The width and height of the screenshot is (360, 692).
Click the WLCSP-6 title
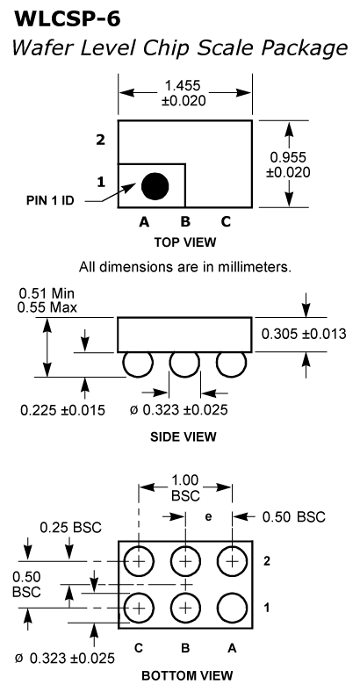[68, 18]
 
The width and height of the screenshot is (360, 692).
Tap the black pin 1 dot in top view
[155, 186]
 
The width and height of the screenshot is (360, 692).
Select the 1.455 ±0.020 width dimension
[184, 93]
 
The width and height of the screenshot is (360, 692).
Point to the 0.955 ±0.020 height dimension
[288, 164]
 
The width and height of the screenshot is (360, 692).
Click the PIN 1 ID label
[50, 200]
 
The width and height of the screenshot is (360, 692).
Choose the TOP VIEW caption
[185, 242]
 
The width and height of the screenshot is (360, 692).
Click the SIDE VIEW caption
[184, 437]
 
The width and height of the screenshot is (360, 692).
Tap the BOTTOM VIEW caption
[187, 675]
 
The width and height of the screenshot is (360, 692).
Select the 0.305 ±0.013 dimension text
[304, 334]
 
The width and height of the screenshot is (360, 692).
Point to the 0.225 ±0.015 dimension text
[62, 410]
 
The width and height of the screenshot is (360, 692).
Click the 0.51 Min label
[47, 293]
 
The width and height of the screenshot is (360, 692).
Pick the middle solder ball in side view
[185, 364]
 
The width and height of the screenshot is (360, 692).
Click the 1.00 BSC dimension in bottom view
[185, 487]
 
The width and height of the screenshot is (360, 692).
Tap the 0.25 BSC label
[70, 527]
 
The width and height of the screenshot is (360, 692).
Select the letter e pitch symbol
[208, 516]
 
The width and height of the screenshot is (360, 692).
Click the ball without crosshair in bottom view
[232, 608]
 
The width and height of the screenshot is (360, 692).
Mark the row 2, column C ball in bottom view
[139, 561]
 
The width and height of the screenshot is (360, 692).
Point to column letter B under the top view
[185, 221]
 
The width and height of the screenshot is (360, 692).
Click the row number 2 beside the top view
[101, 141]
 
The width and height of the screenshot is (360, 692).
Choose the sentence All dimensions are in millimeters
[185, 267]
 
